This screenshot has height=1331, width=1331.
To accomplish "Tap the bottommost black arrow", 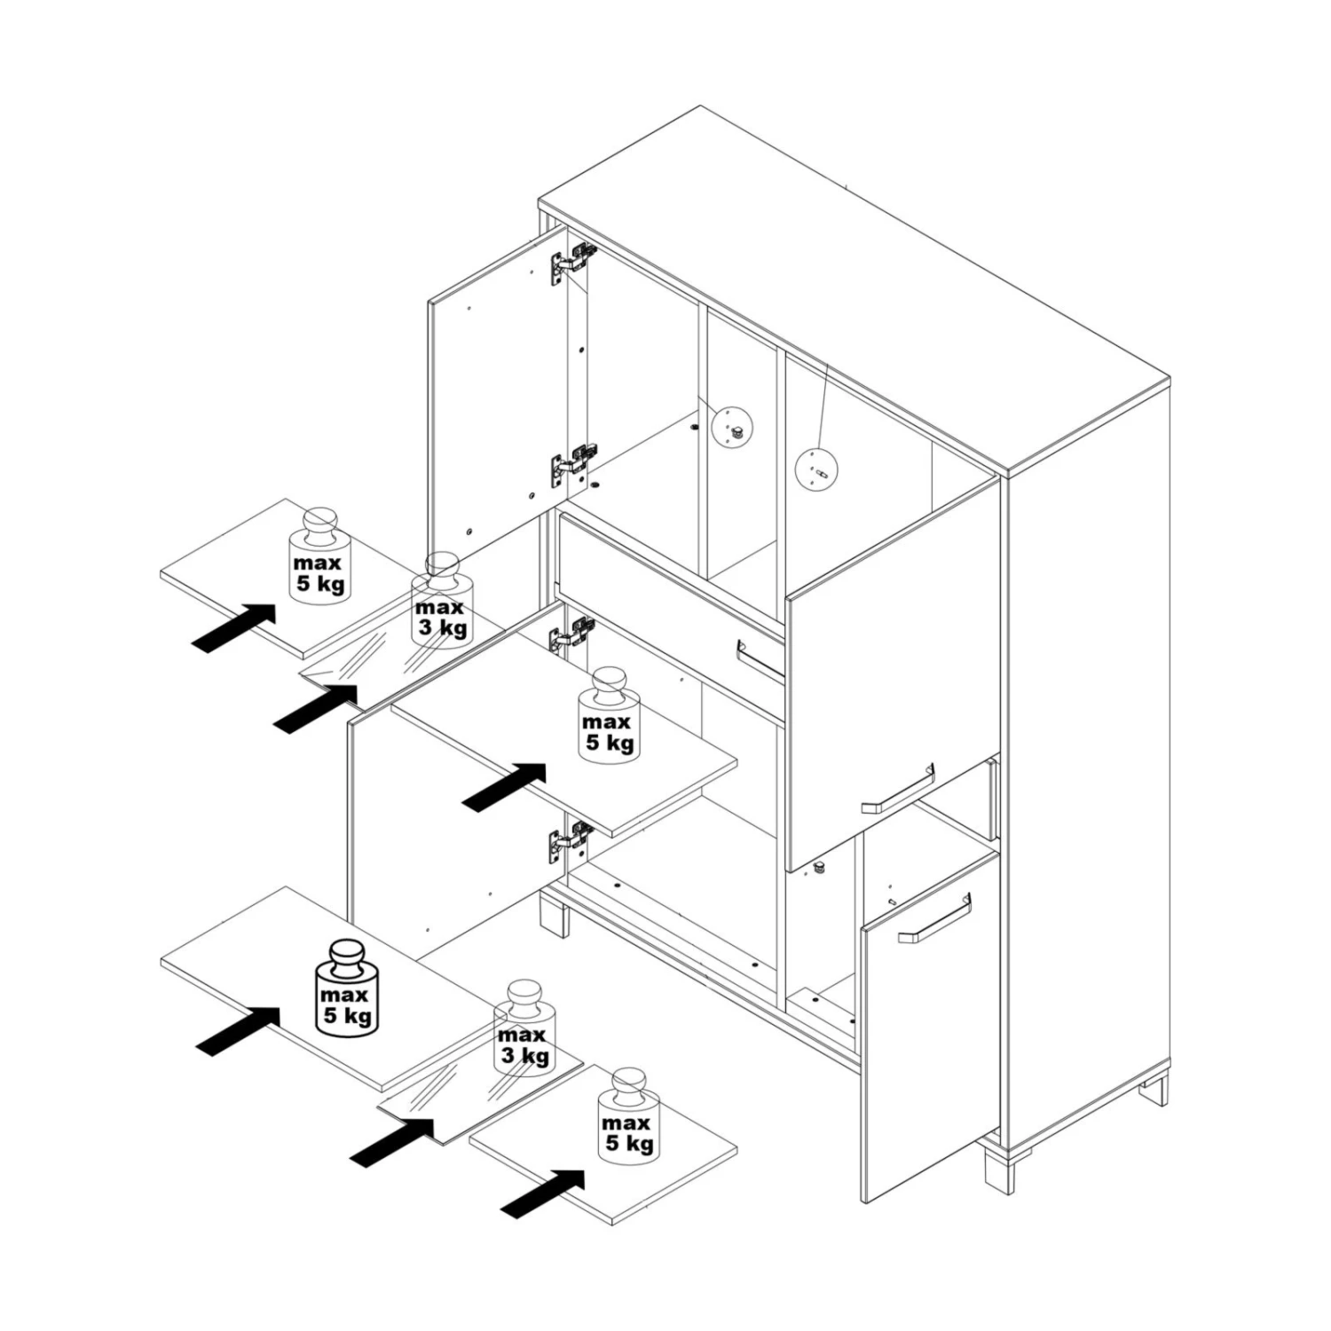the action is [x=543, y=1193].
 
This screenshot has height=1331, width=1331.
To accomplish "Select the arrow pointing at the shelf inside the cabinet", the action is [x=505, y=787].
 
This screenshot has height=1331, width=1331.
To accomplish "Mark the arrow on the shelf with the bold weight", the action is [x=238, y=1032].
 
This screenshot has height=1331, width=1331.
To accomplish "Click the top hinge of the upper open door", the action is [x=572, y=263].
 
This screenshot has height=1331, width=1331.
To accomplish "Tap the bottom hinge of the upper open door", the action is [x=572, y=467].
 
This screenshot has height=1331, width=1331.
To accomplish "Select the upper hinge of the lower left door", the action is [x=571, y=634].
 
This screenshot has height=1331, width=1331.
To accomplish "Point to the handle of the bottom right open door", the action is [x=934, y=919].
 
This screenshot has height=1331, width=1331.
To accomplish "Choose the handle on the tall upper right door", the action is [x=897, y=789].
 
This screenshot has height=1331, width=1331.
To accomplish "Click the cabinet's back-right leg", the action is [x=1154, y=1089].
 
